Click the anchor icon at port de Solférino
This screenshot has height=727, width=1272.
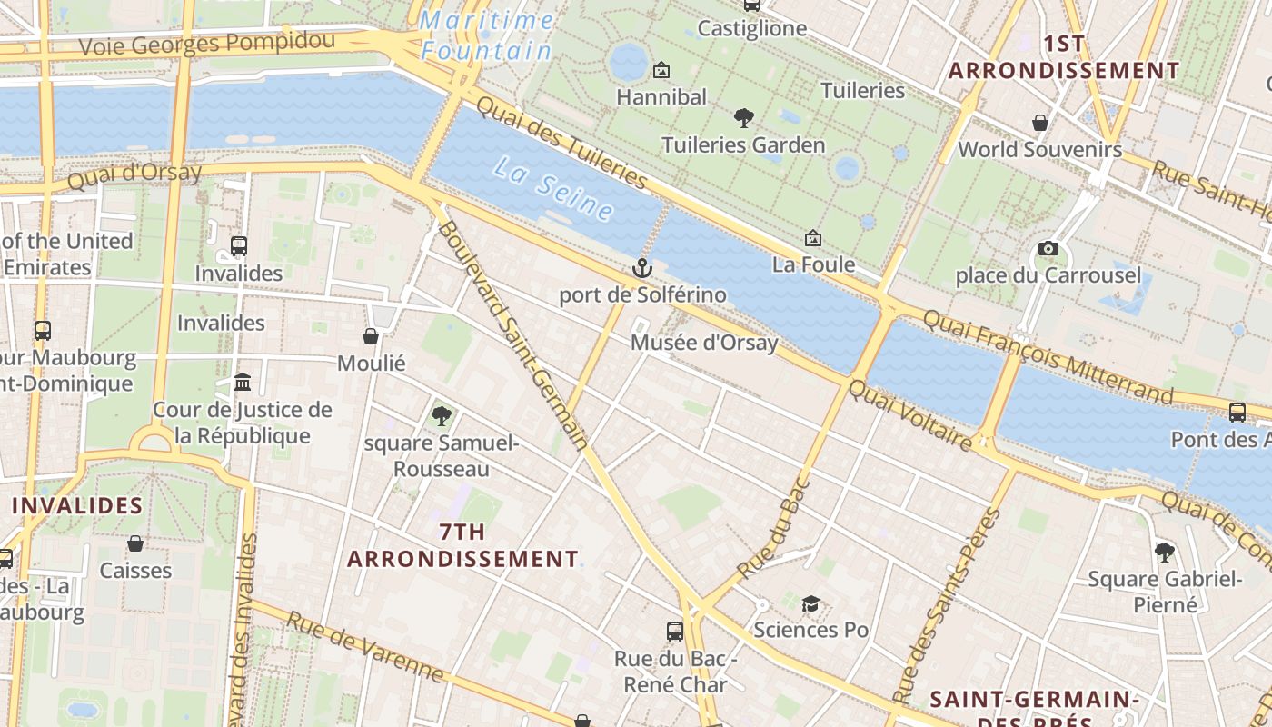(x=642, y=268)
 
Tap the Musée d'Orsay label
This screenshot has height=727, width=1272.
(x=704, y=344)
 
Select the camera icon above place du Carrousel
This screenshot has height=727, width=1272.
(x=1048, y=248)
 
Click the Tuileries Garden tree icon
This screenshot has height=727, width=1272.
(x=743, y=117)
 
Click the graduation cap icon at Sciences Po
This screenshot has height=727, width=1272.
(x=810, y=604)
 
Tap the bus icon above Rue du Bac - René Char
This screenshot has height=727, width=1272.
(x=674, y=631)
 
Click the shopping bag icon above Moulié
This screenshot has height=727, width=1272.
(x=371, y=336)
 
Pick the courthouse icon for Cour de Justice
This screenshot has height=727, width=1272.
(x=243, y=382)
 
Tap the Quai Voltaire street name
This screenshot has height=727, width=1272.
(x=909, y=414)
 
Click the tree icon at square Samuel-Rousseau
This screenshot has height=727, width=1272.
(x=442, y=416)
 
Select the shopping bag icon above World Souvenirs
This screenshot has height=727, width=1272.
(x=1039, y=122)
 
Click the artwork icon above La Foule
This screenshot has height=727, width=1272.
(x=813, y=238)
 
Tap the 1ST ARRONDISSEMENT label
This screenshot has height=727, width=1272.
(x=1063, y=57)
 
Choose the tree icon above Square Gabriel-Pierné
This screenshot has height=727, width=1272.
(x=1164, y=552)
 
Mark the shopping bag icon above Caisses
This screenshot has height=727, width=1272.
(x=135, y=543)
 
